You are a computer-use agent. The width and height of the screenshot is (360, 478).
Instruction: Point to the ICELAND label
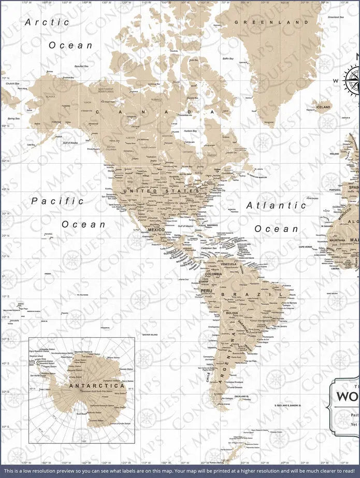[323, 107]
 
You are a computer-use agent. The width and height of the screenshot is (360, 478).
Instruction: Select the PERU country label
[207, 291]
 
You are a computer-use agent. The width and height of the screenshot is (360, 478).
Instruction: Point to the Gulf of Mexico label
[185, 226]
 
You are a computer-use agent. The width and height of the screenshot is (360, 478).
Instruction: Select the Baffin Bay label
[228, 59]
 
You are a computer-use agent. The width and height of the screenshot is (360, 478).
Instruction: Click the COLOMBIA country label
[213, 274]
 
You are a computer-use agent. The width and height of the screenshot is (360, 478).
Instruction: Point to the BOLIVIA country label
[232, 313]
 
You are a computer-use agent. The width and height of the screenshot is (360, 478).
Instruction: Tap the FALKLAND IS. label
[241, 396]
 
